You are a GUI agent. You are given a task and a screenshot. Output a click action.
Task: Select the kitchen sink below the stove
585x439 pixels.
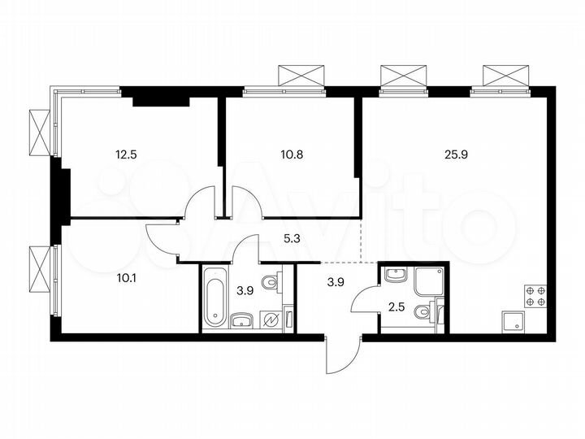click(x=514, y=320)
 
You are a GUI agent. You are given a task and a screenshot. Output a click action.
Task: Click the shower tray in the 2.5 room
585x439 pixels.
click(x=428, y=281)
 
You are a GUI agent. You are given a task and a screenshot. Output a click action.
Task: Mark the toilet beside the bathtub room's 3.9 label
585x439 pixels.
click(x=274, y=283)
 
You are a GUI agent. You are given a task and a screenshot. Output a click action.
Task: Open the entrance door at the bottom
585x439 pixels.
click(x=341, y=354)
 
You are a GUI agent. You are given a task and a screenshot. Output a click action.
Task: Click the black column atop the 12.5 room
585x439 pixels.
click(x=161, y=101)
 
